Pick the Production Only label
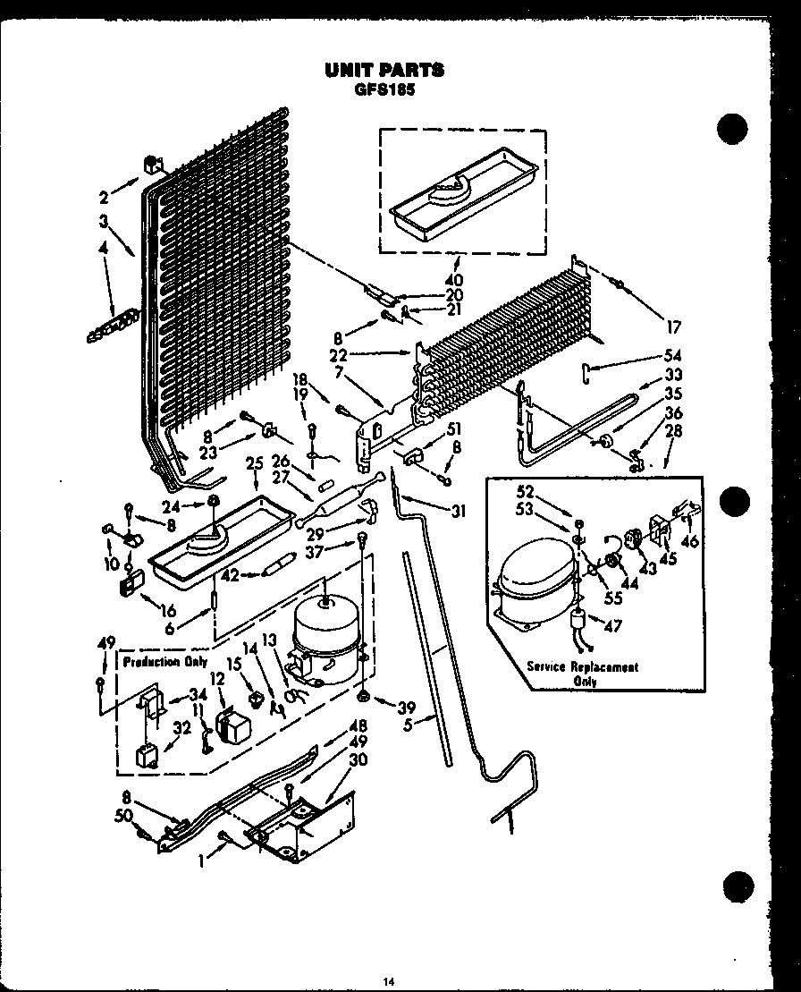pyautogui.click(x=164, y=662)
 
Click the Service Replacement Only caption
pyautogui.click(x=582, y=674)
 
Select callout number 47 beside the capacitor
pyautogui.click(x=611, y=627)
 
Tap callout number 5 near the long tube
pyautogui.click(x=409, y=725)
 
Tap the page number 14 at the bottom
pyautogui.click(x=389, y=981)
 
